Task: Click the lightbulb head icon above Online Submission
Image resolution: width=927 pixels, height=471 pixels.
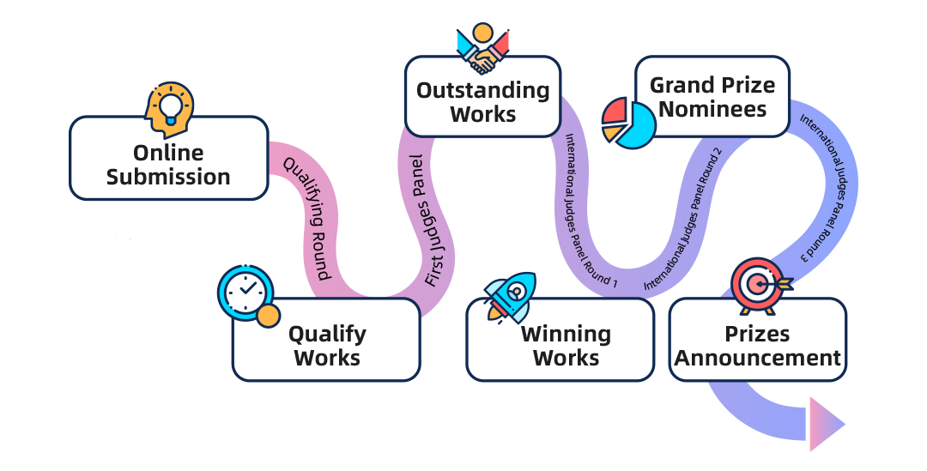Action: (170, 108)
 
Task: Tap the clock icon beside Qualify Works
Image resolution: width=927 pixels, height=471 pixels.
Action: (247, 294)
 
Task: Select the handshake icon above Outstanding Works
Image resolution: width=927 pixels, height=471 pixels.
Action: (483, 49)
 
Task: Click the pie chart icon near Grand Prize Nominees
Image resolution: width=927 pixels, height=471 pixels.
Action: (628, 122)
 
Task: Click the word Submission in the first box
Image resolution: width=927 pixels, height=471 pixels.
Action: (168, 178)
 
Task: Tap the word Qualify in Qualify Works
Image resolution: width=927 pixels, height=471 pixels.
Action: (326, 334)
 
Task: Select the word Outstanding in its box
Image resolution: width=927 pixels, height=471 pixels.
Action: (482, 90)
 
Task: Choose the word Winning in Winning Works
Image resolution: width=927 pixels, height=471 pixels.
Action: (566, 334)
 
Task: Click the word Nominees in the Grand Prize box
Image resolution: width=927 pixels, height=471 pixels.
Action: (712, 110)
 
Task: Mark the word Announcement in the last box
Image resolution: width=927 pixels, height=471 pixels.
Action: (757, 358)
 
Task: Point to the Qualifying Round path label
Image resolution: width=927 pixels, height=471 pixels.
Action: (307, 218)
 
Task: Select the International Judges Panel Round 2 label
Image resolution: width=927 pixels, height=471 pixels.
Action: (682, 218)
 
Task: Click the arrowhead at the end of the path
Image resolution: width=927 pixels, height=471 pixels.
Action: (826, 423)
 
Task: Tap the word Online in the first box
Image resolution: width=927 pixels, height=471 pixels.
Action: (168, 153)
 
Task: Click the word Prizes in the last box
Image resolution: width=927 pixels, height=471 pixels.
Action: (757, 334)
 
